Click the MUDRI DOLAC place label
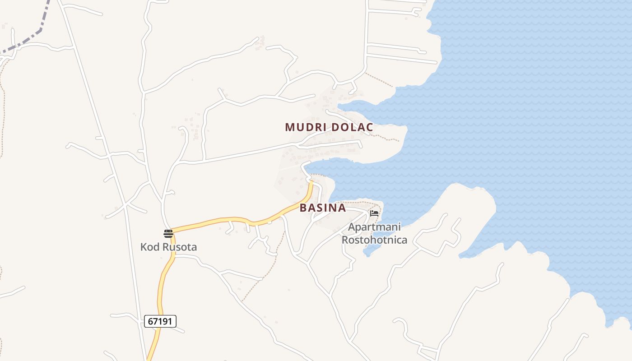(329, 127)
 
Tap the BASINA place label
(323, 208)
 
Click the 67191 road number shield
(160, 321)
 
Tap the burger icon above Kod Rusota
(168, 233)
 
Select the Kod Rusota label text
(168, 247)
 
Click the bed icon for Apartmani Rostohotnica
(374, 213)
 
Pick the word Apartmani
(374, 227)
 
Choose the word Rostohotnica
(374, 240)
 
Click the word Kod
(149, 247)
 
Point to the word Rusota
(179, 247)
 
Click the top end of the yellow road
(311, 182)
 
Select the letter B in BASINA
(303, 208)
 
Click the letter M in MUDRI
(289, 127)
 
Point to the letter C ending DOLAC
(370, 127)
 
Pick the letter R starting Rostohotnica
(345, 240)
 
